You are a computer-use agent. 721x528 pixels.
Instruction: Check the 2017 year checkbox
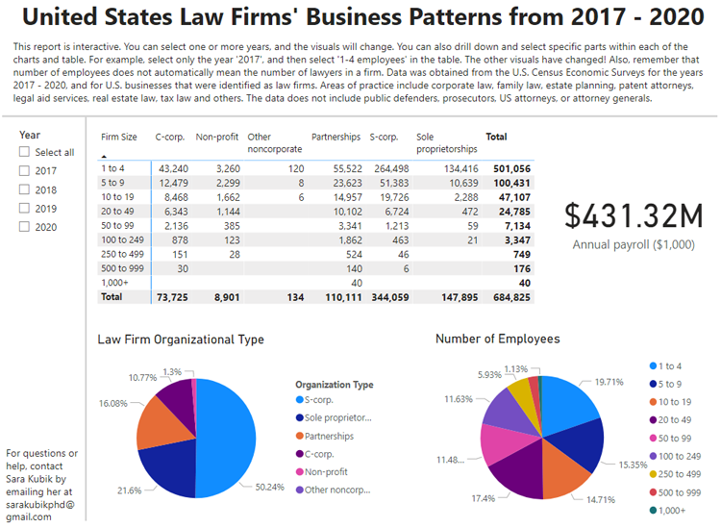(x=25, y=170)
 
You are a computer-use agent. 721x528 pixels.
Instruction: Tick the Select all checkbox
(x=25, y=152)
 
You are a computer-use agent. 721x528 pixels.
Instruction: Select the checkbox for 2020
(x=25, y=227)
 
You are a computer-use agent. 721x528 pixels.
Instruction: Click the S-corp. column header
(x=385, y=138)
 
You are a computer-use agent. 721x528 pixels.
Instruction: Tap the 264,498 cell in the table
(x=390, y=168)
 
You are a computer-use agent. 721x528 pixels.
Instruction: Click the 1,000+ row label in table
(x=115, y=284)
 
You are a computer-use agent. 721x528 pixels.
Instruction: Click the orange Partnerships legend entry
(x=331, y=436)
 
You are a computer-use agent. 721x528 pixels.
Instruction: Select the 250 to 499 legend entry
(x=681, y=474)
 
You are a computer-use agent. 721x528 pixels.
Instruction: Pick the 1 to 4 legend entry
(x=670, y=366)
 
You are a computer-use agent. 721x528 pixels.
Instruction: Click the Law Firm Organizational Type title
(x=181, y=339)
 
